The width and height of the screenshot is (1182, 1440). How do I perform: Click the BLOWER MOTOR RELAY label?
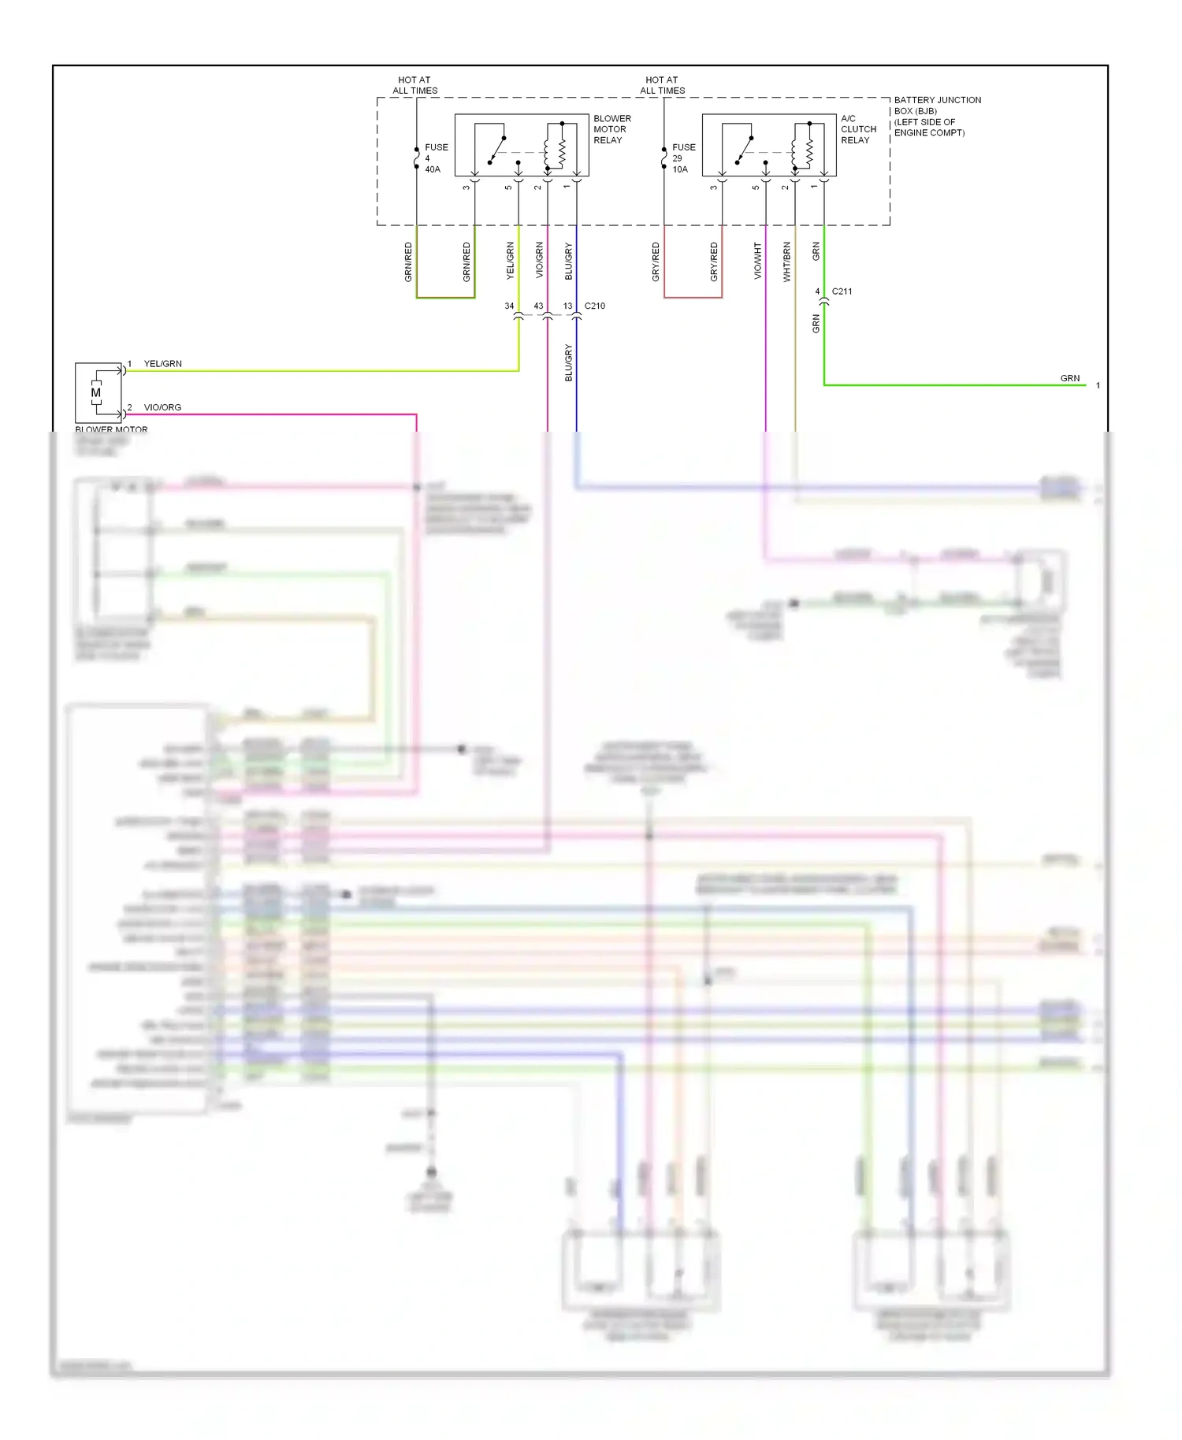[611, 129]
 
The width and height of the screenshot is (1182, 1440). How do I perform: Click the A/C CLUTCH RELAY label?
[858, 129]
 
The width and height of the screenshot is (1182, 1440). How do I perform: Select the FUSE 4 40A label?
[435, 158]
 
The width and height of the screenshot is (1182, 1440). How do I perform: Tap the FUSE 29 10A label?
[682, 158]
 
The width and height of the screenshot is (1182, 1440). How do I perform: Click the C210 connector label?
[594, 306]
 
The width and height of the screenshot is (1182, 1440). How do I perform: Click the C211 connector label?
[842, 291]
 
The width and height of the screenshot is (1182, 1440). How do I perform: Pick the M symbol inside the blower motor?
[96, 392]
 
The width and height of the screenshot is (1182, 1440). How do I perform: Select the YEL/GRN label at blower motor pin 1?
[162, 364]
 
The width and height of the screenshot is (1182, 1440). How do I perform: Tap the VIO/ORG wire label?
[162, 407]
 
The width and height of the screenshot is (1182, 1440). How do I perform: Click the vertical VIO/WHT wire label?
[757, 261]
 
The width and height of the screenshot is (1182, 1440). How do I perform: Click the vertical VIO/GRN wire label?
[539, 261]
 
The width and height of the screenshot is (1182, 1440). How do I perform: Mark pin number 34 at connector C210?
[509, 306]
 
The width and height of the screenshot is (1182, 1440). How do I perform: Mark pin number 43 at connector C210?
[538, 306]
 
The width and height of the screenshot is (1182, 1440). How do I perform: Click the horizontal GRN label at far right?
[1069, 378]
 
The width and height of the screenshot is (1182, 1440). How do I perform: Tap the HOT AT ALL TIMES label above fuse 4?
[415, 85]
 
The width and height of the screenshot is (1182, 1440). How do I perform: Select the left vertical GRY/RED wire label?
[656, 262]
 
